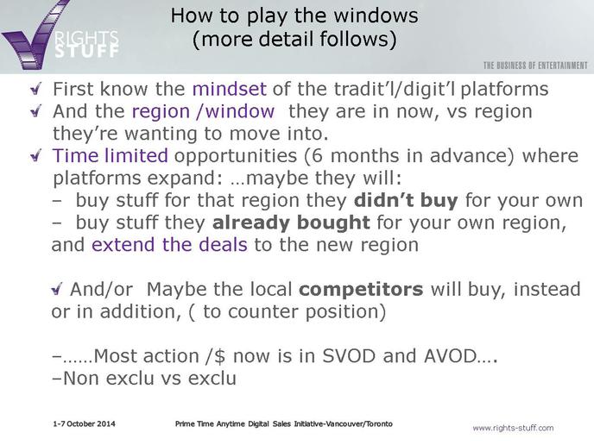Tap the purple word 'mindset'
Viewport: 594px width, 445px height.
click(229, 89)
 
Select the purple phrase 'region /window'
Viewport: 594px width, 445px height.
click(203, 111)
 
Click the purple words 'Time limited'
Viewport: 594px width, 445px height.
click(110, 155)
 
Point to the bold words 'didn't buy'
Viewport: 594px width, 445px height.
click(406, 200)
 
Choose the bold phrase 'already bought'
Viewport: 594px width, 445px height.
click(291, 222)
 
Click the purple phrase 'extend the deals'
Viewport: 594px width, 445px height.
click(169, 244)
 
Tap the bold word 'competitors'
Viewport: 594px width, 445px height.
click(361, 290)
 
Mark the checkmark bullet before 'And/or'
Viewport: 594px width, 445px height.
click(56, 290)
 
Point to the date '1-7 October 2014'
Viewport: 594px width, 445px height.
click(84, 423)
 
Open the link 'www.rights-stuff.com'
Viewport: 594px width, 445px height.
click(513, 428)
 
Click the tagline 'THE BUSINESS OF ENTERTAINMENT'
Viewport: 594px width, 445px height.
click(535, 66)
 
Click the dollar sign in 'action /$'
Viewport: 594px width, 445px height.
click(219, 356)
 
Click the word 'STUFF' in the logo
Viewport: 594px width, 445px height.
click(86, 51)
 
